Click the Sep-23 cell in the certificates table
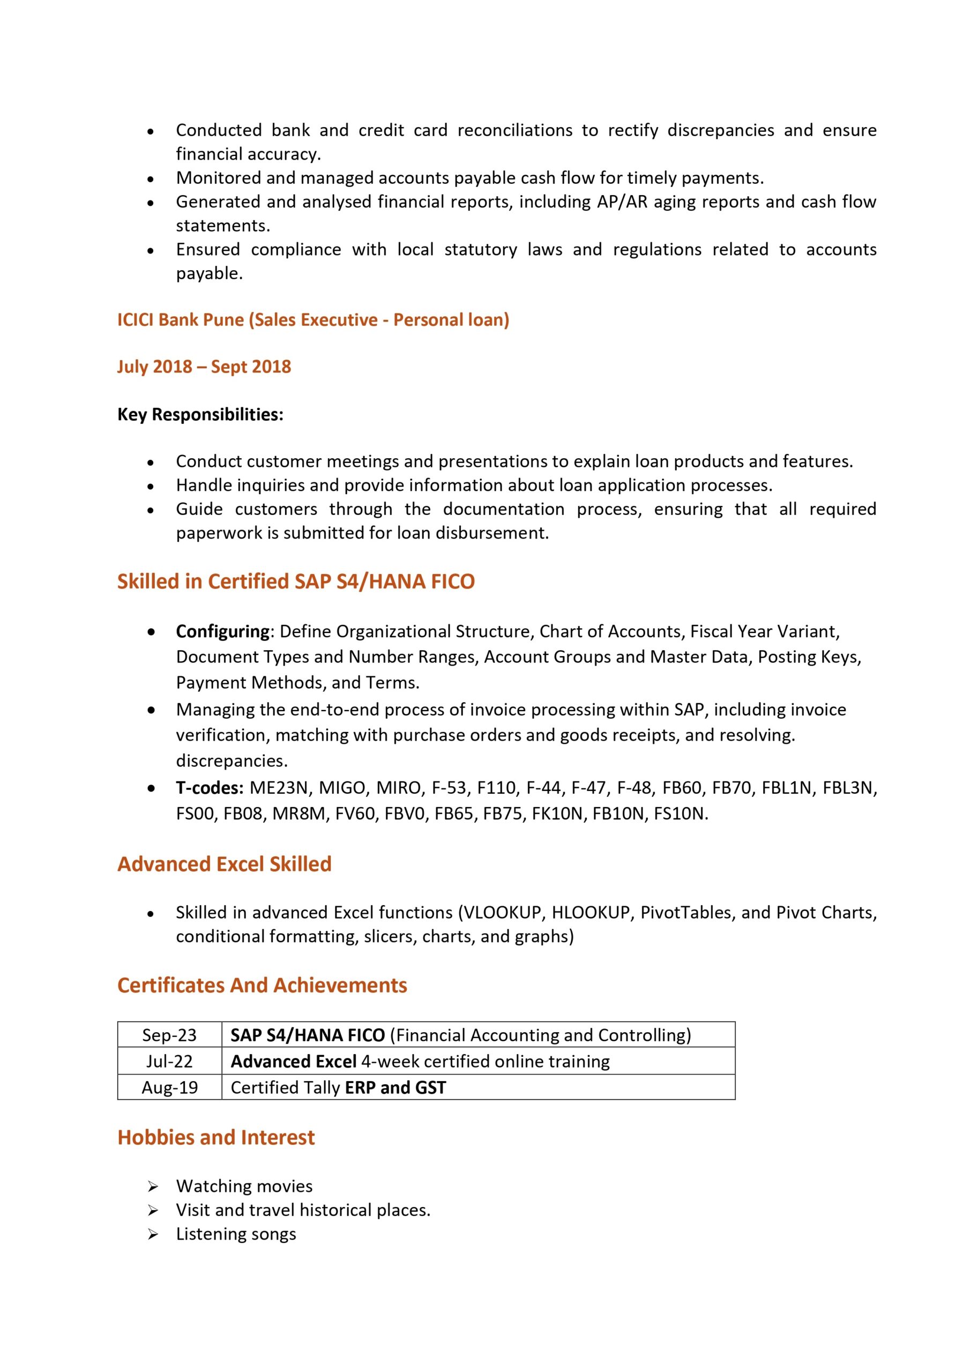169,1035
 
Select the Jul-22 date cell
169,1061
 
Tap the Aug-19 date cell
169,1087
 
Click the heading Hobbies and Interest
216,1137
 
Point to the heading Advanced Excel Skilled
224,864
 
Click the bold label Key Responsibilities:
200,414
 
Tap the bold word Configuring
223,632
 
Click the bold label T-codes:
209,788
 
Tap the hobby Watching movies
244,1186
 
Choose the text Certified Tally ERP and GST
338,1087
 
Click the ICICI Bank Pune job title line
313,320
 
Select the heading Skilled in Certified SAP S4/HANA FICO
296,581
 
